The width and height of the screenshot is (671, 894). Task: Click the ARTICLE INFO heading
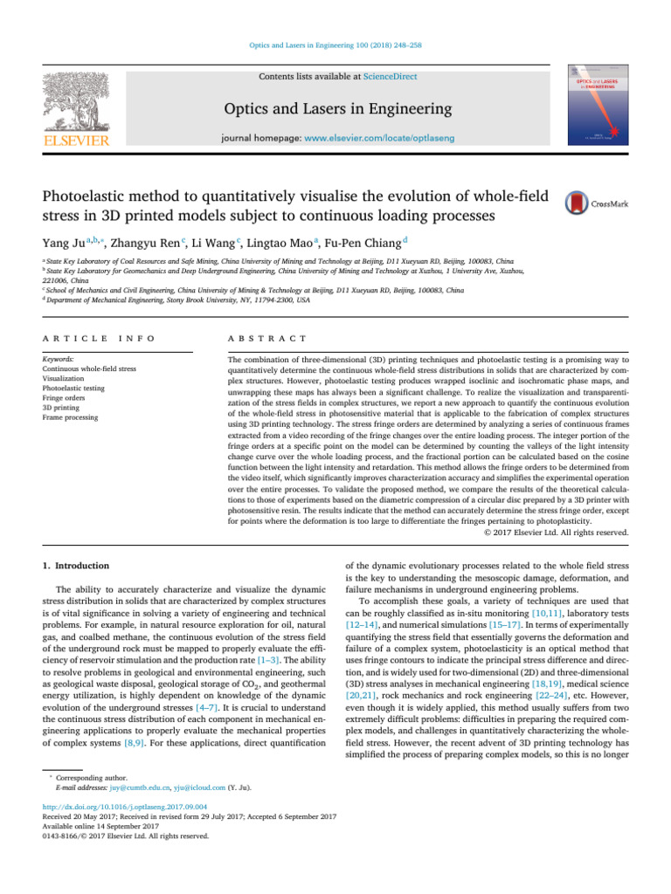point(88,338)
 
